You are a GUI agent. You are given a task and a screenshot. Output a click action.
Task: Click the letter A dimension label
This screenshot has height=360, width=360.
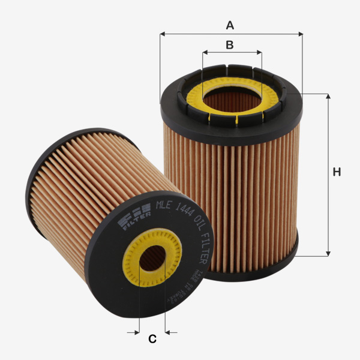[229, 25]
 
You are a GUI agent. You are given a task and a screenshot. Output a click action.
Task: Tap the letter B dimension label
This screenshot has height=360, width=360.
[229, 44]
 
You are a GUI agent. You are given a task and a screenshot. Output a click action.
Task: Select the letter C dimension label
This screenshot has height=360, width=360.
[152, 339]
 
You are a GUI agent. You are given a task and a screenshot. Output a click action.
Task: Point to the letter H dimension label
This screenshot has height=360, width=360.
[337, 172]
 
